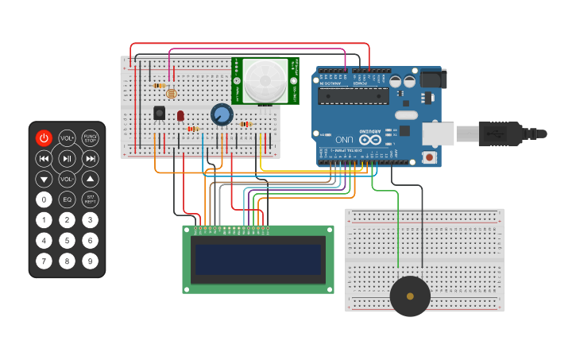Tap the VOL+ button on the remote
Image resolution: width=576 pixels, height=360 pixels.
[68, 138]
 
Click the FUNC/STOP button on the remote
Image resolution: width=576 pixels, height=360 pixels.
[91, 138]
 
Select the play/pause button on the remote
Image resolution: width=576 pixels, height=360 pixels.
[68, 158]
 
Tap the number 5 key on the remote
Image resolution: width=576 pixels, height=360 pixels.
[68, 240]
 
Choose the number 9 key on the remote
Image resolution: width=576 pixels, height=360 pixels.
[91, 260]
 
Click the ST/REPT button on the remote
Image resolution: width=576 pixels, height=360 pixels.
[91, 199]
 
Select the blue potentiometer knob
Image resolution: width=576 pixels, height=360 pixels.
[222, 115]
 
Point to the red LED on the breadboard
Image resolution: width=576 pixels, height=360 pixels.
[180, 115]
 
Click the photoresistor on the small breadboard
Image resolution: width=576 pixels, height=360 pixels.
[172, 93]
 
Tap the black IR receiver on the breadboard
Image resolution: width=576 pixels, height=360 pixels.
[159, 113]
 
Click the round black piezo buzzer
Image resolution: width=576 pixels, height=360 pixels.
[410, 296]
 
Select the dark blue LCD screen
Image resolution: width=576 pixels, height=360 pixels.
[258, 259]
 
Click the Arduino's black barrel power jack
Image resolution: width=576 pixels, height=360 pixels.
[433, 78]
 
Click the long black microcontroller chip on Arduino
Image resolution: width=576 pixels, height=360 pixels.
[354, 97]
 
